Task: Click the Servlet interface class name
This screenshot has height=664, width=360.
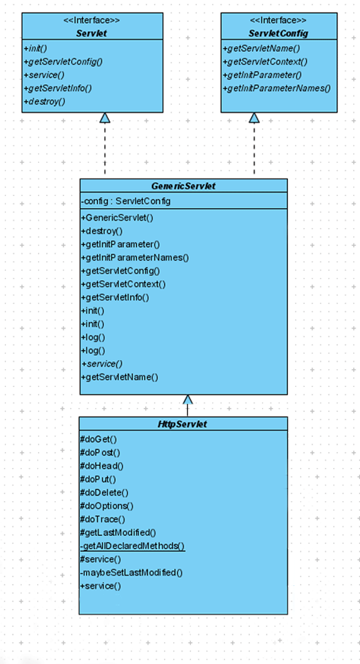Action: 92,33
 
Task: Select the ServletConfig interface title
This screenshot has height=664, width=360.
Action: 279,33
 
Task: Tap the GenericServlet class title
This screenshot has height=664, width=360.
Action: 183,186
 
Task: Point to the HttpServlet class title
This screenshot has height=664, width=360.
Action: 183,424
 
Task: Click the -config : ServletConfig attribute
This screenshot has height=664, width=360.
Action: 126,201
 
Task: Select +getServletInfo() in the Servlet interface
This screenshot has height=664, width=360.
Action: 57,88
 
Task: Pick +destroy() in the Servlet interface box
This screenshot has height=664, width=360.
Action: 45,101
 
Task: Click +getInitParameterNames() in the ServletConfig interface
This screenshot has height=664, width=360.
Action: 277,88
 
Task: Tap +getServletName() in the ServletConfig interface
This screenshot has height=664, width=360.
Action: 261,48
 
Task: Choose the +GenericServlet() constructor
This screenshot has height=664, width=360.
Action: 117,218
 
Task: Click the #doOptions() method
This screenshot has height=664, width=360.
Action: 107,506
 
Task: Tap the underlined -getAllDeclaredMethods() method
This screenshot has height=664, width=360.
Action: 133,546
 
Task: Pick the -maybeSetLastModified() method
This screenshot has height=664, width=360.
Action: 131,573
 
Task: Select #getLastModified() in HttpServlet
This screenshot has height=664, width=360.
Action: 118,533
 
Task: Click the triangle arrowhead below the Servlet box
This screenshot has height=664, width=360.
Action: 105,118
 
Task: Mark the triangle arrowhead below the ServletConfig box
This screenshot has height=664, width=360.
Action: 254,118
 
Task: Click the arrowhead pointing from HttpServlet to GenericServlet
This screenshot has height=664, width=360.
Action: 187,399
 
